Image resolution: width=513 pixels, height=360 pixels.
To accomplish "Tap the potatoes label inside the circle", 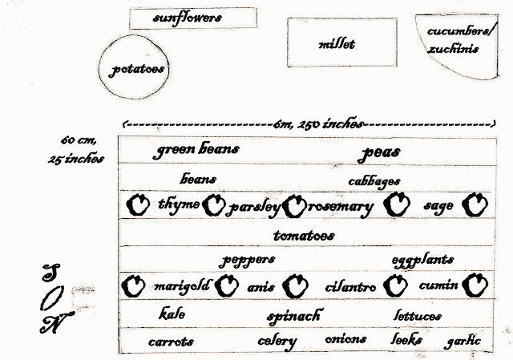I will click(x=139, y=70).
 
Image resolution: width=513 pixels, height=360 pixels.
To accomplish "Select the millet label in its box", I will click(x=336, y=45).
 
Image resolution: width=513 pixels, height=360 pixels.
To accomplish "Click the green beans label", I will click(x=196, y=150).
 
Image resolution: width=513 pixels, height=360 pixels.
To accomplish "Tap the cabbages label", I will click(x=374, y=181).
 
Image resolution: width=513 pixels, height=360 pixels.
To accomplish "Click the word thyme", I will click(x=179, y=204).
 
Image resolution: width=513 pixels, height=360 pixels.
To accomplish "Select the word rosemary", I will click(x=341, y=207).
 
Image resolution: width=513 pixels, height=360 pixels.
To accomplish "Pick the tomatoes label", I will click(x=304, y=236).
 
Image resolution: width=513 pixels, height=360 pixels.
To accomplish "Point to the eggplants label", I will click(x=423, y=260).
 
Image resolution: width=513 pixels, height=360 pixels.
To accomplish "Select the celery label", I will click(x=277, y=341).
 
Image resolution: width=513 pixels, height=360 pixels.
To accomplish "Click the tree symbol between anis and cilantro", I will click(x=298, y=285).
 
